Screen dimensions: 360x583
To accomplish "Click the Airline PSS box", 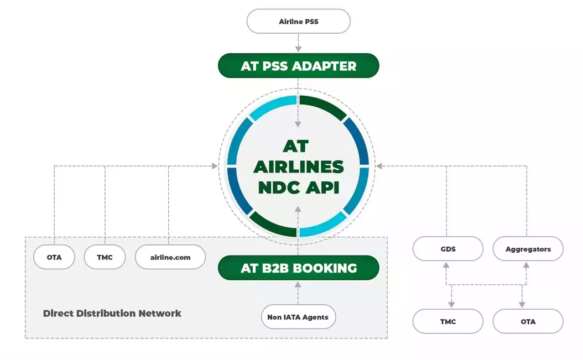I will (x=298, y=22).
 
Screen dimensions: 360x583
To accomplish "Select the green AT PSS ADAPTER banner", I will (x=298, y=66).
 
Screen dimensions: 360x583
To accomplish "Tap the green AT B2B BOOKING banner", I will (x=298, y=268).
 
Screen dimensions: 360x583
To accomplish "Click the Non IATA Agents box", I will (x=298, y=317).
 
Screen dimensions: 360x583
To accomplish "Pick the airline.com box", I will (x=170, y=257).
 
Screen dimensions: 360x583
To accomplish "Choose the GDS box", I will (x=448, y=249).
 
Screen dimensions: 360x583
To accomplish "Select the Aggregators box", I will (x=528, y=249).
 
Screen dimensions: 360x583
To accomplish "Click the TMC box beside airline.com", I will (x=105, y=257).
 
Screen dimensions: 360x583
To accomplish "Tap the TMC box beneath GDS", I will (x=448, y=321).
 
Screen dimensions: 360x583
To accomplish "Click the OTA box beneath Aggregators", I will (x=528, y=321).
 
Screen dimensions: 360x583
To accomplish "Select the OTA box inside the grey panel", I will (x=54, y=257).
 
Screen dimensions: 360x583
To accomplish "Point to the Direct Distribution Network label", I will (x=112, y=313).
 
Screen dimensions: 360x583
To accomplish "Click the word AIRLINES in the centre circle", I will (x=298, y=166).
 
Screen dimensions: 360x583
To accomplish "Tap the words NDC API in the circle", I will (x=298, y=187).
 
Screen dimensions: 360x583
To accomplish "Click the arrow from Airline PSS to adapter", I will (x=298, y=43).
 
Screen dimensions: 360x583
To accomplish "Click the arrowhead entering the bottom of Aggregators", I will (x=525, y=265).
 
